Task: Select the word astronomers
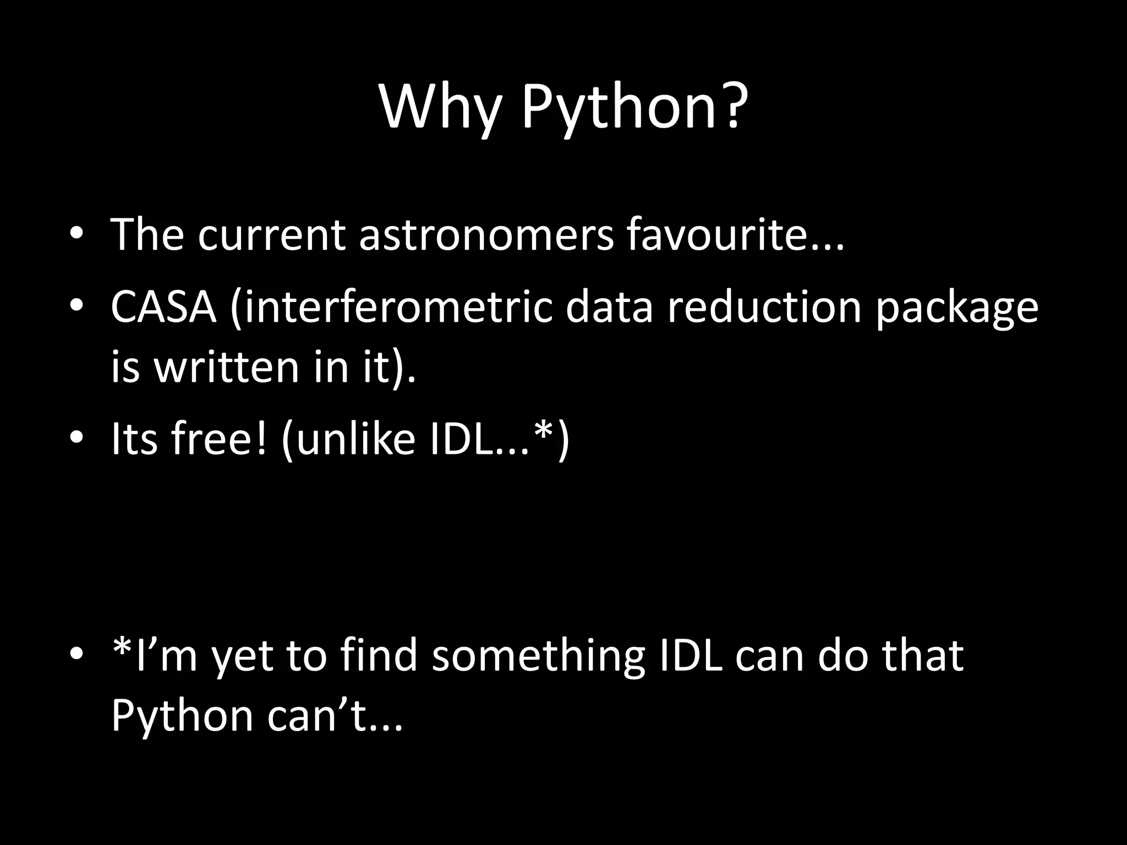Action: pyautogui.click(x=485, y=235)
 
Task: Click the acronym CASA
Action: pyautogui.click(x=163, y=307)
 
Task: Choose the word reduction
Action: pyautogui.click(x=764, y=307)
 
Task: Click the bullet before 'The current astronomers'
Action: pyautogui.click(x=76, y=235)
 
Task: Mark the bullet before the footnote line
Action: pyautogui.click(x=76, y=655)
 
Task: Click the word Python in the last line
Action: pyautogui.click(x=182, y=717)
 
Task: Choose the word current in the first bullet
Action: pyautogui.click(x=271, y=235)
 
